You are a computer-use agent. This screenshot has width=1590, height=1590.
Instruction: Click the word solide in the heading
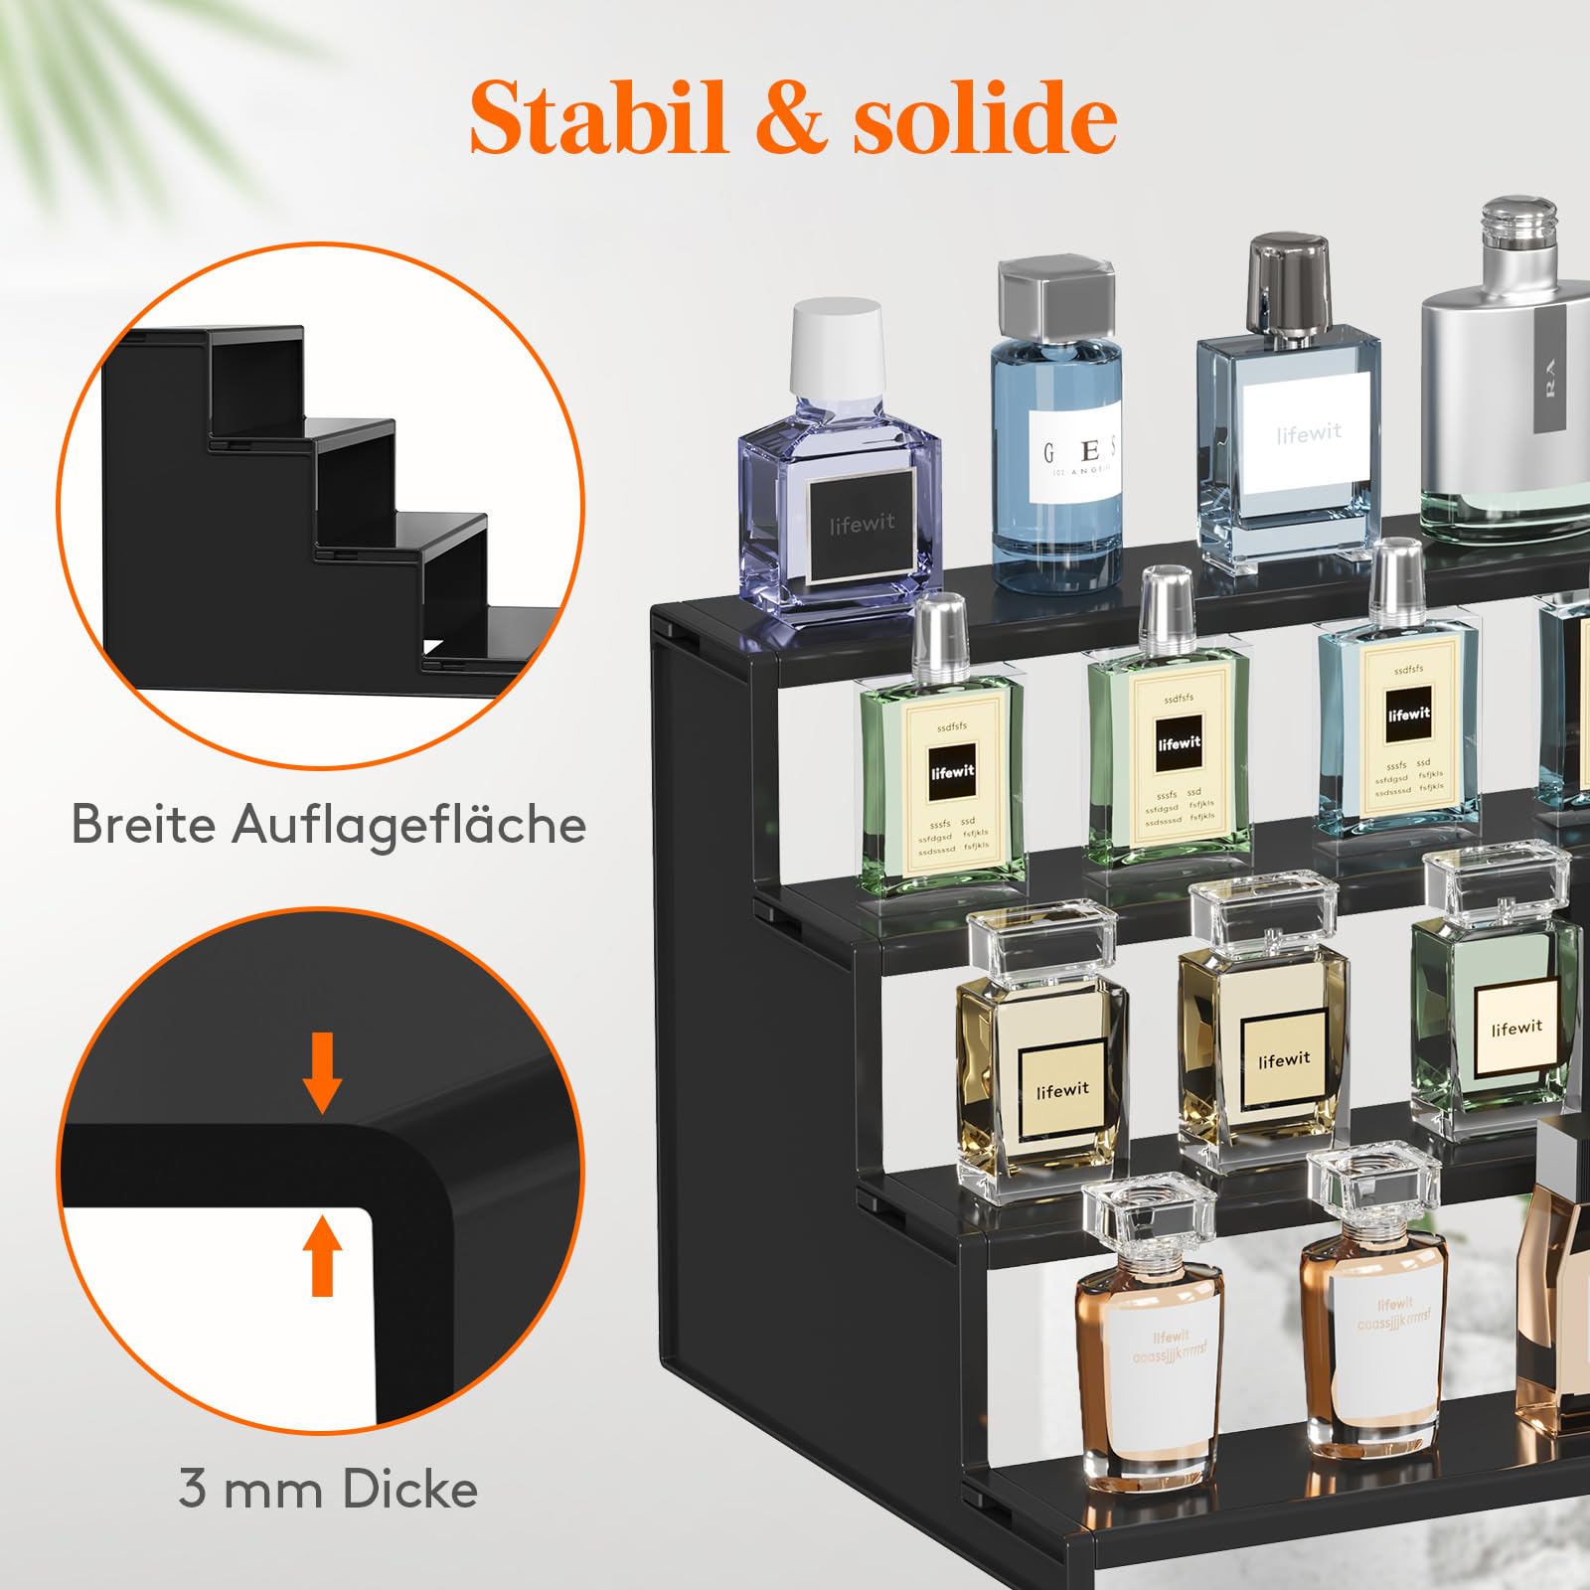(984, 118)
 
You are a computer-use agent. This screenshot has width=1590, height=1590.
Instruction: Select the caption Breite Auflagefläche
(329, 824)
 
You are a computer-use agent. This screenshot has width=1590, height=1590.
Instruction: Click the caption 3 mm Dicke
(329, 1489)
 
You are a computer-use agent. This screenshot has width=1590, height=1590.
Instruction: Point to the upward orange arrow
(322, 1256)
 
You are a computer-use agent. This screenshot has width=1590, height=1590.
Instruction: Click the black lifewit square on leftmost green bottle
(952, 772)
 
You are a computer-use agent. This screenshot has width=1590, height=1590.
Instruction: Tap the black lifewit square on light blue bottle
(1408, 715)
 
